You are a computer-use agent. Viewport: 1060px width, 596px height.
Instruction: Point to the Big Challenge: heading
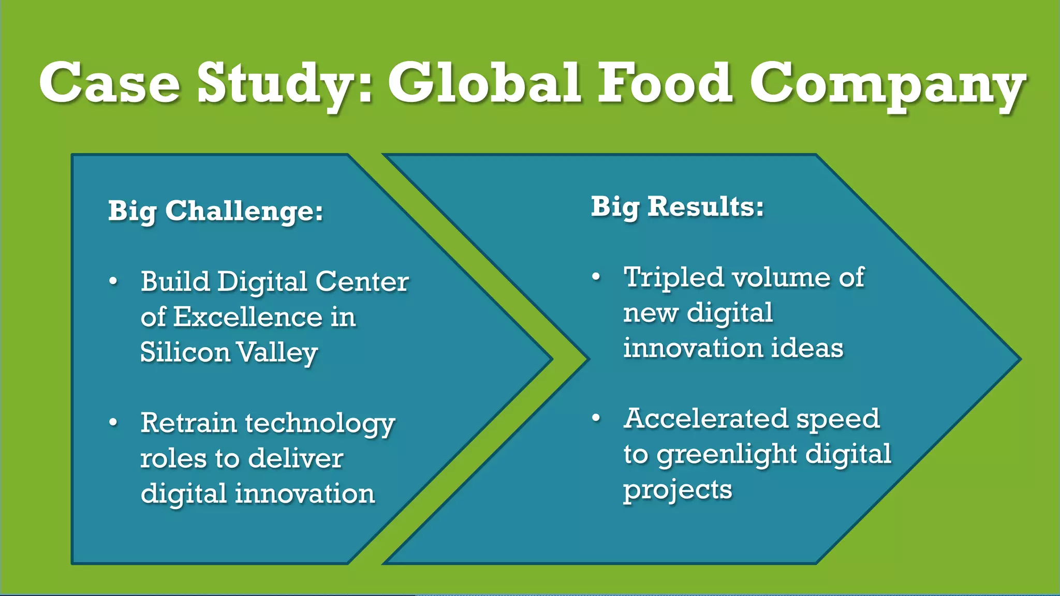coord(215,211)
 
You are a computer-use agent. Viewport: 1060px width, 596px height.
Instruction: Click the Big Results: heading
coord(677,206)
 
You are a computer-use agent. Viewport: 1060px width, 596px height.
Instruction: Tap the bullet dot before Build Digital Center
coord(113,282)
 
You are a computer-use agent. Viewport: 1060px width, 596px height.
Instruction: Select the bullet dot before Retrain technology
coord(113,423)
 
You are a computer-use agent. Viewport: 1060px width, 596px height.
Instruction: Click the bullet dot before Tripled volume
coord(596,277)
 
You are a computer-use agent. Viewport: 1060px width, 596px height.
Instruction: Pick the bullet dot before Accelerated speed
coord(596,418)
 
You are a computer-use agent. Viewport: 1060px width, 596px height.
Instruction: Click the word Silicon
coord(185,352)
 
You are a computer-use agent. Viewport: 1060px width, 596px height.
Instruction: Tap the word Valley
coord(277,353)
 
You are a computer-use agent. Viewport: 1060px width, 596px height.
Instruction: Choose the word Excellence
coord(248,317)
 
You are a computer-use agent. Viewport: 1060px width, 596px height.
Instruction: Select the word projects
coord(678,490)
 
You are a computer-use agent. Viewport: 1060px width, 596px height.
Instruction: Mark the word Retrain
coord(188,423)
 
